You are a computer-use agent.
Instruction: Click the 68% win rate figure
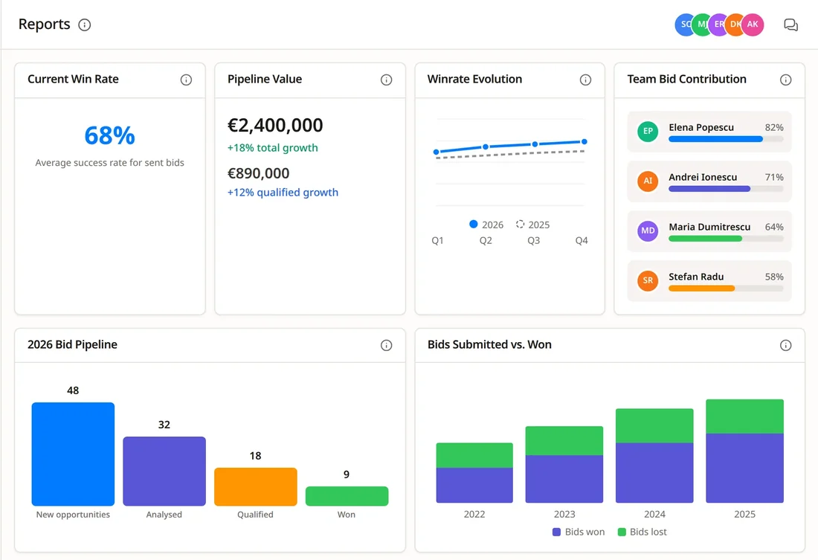click(109, 135)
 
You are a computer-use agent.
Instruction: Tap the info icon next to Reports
click(85, 25)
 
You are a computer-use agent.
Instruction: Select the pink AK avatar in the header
click(753, 25)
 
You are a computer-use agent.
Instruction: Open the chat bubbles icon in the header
click(791, 25)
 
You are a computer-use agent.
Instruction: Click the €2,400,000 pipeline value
click(275, 125)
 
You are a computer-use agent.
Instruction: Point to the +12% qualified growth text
click(283, 192)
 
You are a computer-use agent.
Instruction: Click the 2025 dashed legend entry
click(532, 225)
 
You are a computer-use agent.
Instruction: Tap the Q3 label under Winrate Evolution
click(534, 240)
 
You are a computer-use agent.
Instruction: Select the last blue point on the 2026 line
click(584, 141)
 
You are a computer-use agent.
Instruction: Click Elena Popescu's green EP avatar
click(648, 131)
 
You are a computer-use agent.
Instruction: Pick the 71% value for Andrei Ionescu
click(774, 177)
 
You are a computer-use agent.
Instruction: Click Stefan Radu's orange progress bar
click(702, 288)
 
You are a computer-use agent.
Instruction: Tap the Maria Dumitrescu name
click(709, 227)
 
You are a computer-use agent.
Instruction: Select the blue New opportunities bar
click(73, 454)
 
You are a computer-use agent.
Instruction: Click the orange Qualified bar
click(256, 487)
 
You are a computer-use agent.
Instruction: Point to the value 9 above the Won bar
click(347, 474)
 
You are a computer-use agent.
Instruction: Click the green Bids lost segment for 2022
click(474, 455)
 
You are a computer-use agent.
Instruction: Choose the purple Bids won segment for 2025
click(745, 468)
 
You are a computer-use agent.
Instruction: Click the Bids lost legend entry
click(643, 532)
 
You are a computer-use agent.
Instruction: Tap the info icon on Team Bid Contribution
click(786, 80)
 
